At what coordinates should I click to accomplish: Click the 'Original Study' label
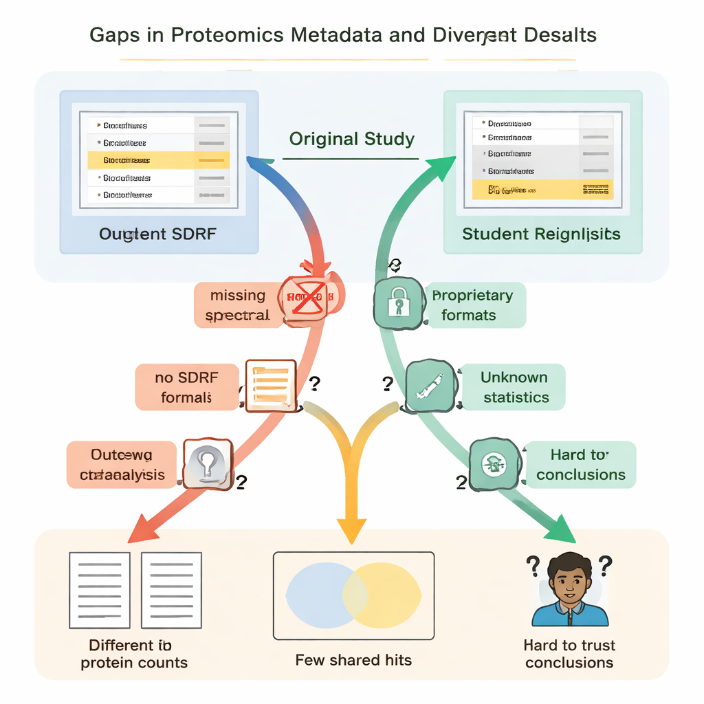[351, 140]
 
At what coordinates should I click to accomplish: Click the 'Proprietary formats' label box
[475, 305]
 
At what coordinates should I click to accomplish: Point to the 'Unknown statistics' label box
[514, 387]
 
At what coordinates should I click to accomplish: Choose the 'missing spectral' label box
[238, 305]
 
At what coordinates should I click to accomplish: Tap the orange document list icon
[270, 386]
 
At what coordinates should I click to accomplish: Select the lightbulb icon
[208, 465]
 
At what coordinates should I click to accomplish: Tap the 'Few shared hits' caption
[353, 660]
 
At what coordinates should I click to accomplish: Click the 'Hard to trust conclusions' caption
[569, 654]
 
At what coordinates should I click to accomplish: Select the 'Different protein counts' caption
[133, 654]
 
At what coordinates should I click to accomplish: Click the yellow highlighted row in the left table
[159, 160]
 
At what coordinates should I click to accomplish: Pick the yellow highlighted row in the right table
[541, 189]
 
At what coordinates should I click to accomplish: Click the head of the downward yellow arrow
[351, 529]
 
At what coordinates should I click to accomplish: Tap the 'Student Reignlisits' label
[541, 234]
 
